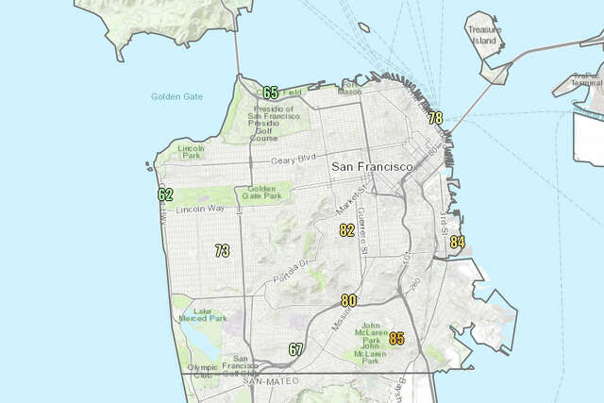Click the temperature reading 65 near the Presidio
coord(271,92)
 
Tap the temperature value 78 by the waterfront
coord(435,118)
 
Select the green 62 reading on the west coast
coord(165,194)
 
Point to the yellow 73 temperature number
coord(222,251)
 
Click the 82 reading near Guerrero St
coord(347,229)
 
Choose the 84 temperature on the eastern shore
coord(458,243)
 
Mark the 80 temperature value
coord(349,300)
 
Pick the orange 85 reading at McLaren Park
coord(396,338)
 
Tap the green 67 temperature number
coord(296,349)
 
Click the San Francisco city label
coord(373,166)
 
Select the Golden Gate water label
coord(176,96)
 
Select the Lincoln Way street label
coord(199,208)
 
